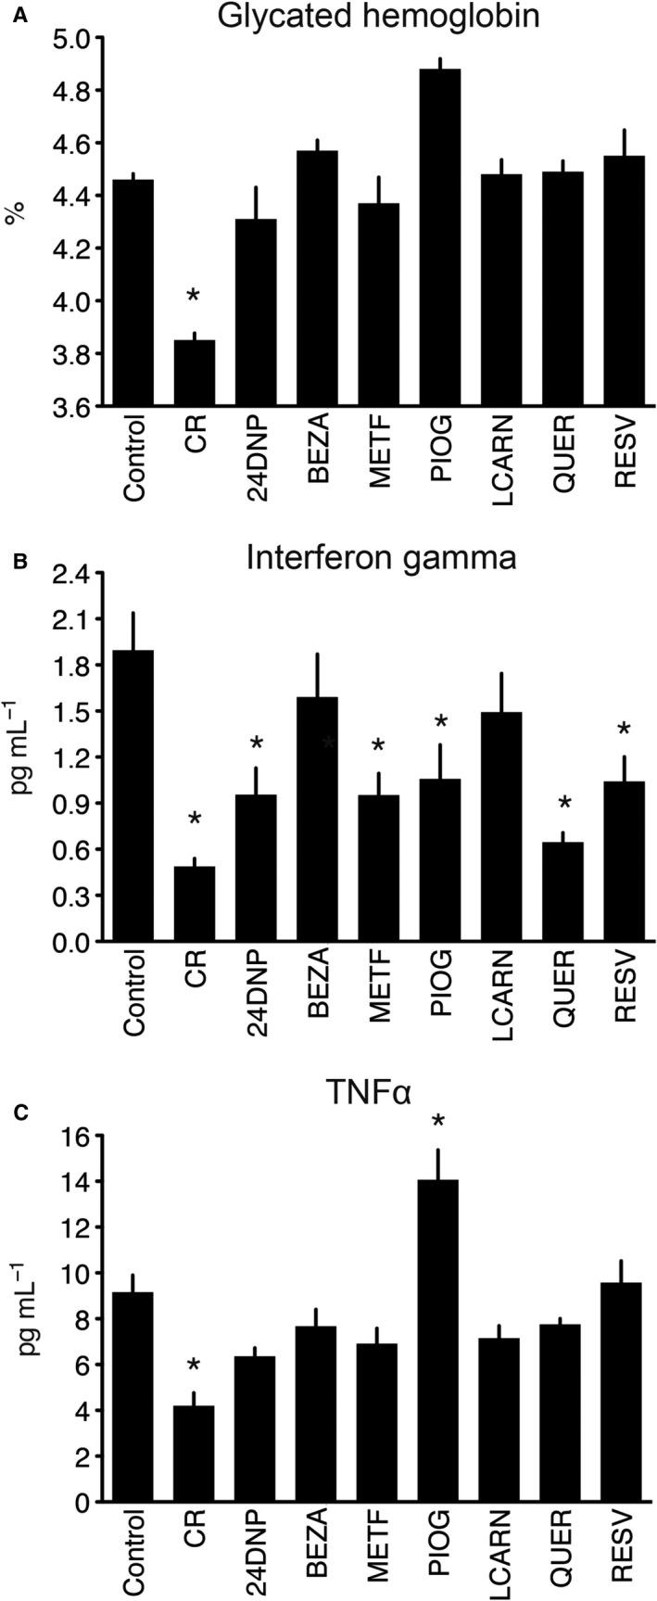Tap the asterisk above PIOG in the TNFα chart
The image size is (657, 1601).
coord(439,1124)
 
